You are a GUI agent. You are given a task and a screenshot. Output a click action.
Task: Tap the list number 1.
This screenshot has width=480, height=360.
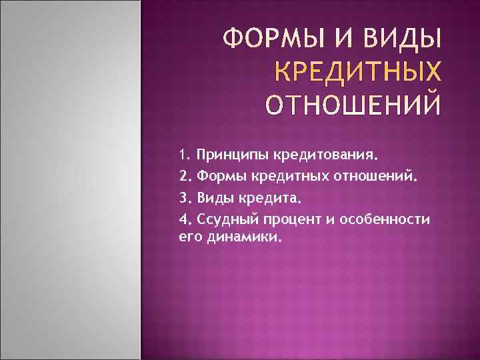click(185, 156)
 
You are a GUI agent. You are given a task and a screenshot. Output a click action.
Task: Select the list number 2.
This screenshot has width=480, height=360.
click(185, 177)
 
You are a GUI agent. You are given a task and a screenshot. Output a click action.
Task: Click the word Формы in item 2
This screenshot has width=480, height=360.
click(219, 177)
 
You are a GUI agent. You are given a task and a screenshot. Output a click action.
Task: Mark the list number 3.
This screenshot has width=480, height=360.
click(185, 198)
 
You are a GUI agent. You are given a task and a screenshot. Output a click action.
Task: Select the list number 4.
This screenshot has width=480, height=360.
click(185, 219)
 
